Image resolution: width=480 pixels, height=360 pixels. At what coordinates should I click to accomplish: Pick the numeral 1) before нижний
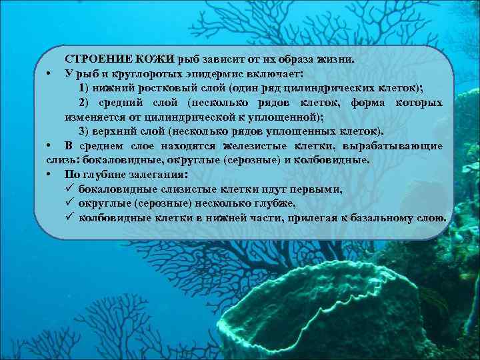[x=84, y=88]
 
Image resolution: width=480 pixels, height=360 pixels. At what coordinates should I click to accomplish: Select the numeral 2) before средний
[x=84, y=103]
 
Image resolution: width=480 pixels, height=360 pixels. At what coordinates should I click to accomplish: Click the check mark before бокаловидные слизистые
[x=69, y=189]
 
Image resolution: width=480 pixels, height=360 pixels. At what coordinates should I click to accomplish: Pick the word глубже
[x=276, y=204]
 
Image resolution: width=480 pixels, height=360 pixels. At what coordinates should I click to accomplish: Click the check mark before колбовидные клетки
[x=69, y=218]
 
